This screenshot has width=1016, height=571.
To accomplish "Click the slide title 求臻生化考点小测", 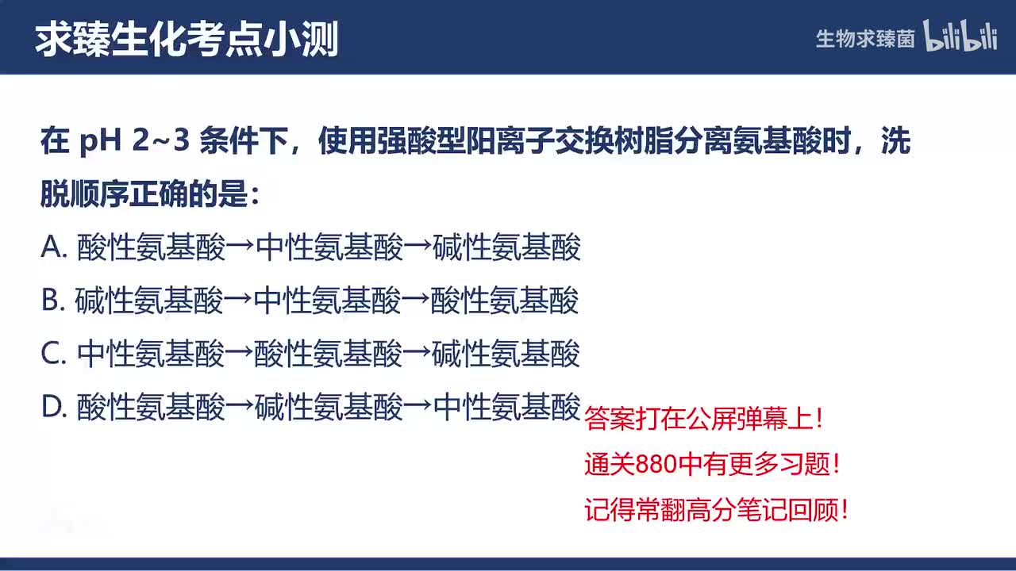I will tap(187, 38).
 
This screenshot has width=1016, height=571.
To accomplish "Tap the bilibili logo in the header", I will tap(960, 36).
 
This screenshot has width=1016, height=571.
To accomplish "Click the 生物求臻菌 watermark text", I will tap(865, 38).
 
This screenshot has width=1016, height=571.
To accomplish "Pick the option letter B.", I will tap(52, 301).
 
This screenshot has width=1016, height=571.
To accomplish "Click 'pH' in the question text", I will tap(99, 143).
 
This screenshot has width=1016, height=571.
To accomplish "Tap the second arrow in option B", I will tap(416, 301).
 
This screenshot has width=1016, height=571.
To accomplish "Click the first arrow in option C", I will tap(240, 354).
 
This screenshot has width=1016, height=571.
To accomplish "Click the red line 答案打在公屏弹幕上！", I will tap(705, 420).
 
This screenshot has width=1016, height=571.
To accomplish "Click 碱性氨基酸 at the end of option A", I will tap(507, 248).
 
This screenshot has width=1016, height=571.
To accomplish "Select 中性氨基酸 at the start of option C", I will tap(151, 354).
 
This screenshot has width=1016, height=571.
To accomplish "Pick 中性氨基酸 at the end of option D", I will tap(508, 408).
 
